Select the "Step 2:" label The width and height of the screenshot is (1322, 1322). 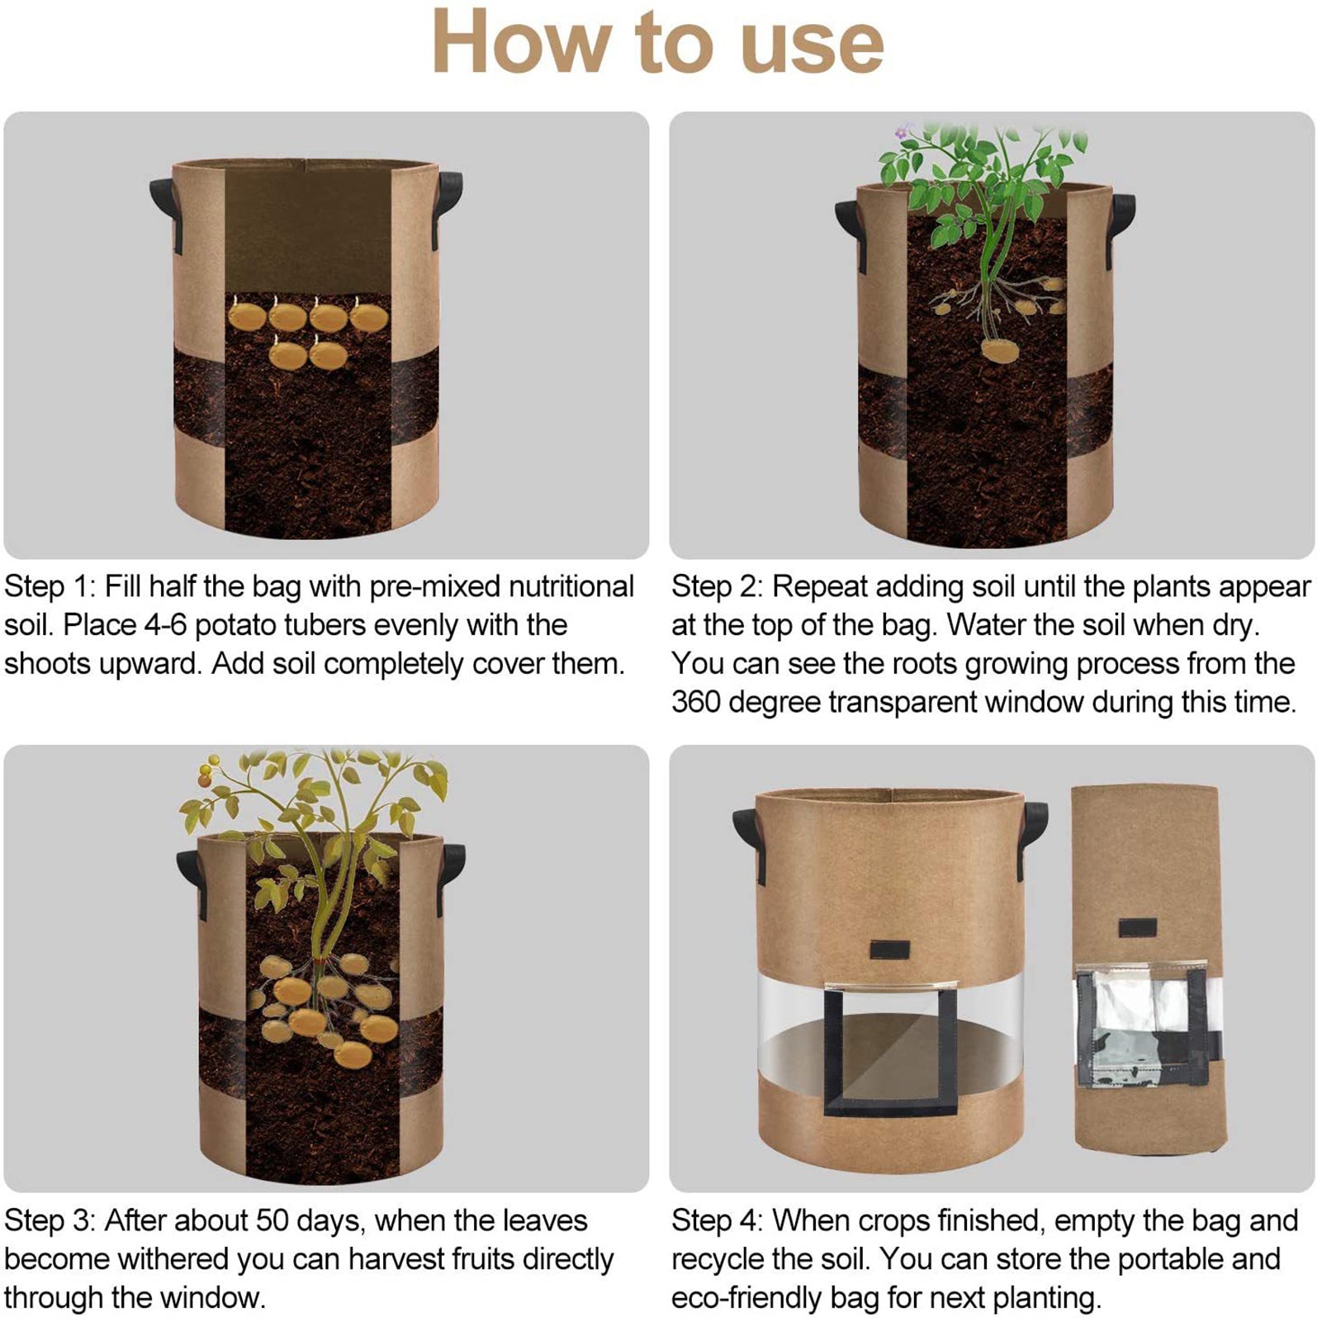(x=717, y=587)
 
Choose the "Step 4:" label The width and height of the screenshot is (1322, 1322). (x=717, y=1220)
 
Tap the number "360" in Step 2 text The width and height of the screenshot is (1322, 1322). (x=696, y=703)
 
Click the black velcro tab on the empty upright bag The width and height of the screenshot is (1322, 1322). (x=889, y=950)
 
